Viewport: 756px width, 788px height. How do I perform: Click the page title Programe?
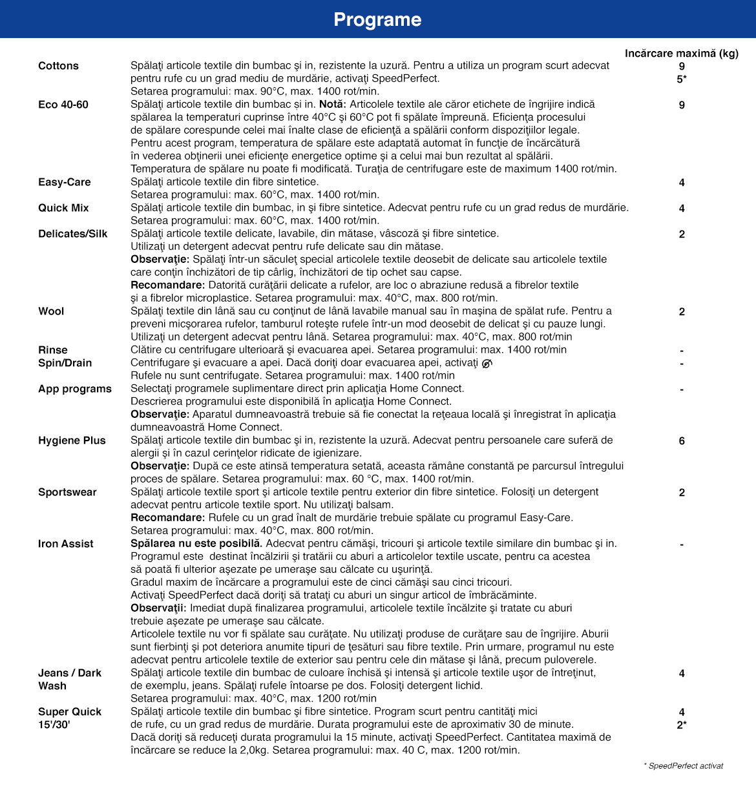coord(377,19)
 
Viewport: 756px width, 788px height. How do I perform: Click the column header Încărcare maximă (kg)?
coord(681,53)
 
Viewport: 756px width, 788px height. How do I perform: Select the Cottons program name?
coord(58,66)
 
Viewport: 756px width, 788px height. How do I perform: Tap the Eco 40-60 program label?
coord(63,105)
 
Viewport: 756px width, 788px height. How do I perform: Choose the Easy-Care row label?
coord(65,182)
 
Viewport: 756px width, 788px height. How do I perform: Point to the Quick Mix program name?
coord(63,208)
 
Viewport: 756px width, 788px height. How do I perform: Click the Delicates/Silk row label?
coord(73,234)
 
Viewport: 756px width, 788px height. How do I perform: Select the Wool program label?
coord(51,311)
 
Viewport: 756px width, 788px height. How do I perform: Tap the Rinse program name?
coord(53,350)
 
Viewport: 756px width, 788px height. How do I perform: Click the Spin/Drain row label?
coord(65,363)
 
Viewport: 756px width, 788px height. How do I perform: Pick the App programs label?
coord(75,389)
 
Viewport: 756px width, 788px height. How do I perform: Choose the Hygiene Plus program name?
coord(72,441)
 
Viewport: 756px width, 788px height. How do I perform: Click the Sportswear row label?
coord(67,492)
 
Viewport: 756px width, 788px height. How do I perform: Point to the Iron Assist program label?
coord(66,544)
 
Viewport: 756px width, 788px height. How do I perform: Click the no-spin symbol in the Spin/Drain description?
coord(487,363)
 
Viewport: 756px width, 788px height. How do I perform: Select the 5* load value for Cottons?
coord(682,79)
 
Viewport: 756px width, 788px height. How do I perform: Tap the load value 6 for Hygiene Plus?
coord(682,441)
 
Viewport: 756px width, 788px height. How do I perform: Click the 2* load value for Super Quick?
coord(682,725)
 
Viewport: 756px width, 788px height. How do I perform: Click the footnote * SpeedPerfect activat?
coord(683,765)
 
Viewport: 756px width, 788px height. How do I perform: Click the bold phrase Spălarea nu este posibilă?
coord(196,544)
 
